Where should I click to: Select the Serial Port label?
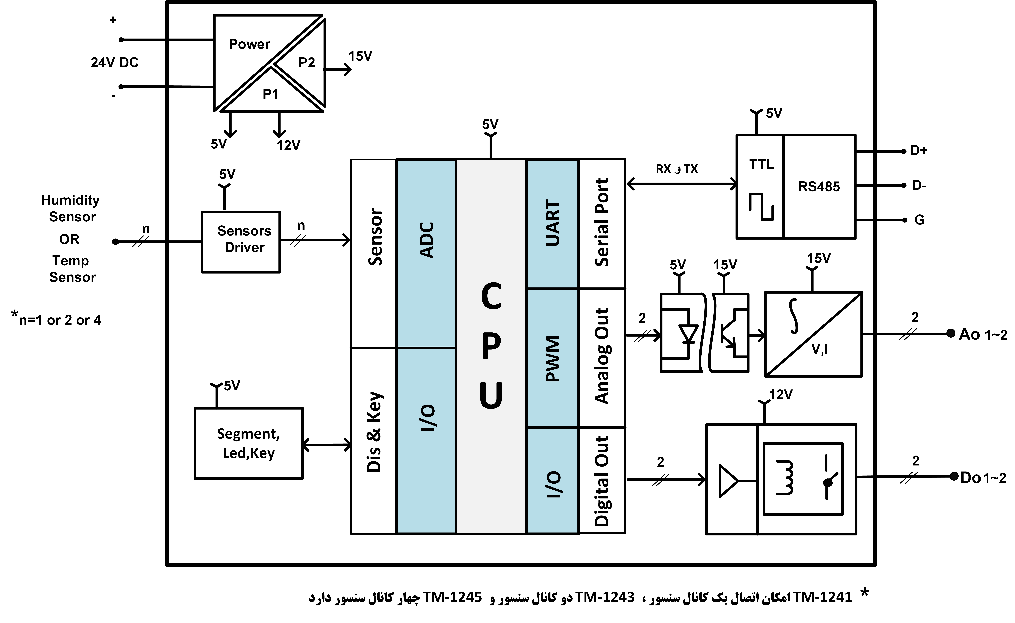602,223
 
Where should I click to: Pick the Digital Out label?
602,481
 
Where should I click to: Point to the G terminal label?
919,220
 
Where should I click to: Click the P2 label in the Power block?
306,63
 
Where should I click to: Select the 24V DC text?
114,63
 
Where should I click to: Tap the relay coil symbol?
785,478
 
